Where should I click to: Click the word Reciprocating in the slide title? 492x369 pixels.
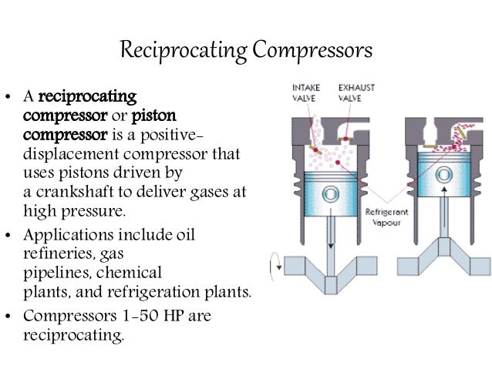click(184, 52)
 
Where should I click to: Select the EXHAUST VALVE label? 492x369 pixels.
click(356, 92)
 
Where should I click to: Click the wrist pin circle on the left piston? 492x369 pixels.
click(330, 192)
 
